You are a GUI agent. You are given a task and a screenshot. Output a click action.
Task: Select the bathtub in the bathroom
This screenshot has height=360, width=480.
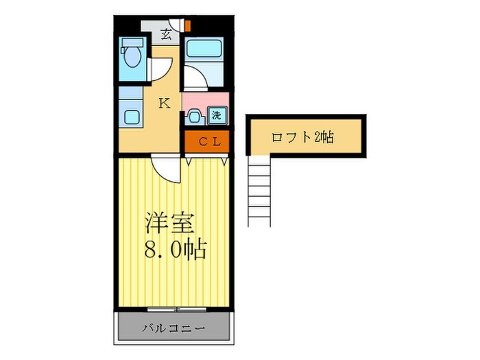point(204,49)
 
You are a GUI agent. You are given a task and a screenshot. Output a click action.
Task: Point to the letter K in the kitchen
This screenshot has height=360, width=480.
point(164,104)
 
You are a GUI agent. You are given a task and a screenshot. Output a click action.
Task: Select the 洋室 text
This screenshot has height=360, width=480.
point(169,224)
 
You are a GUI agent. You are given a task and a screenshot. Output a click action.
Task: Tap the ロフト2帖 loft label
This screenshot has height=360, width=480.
point(302,137)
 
